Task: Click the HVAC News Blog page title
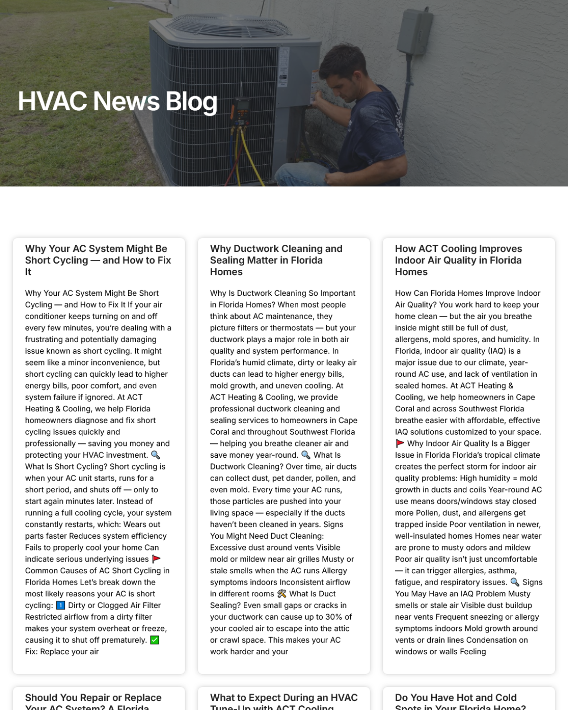[117, 101]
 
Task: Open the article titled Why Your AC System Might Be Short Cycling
[98, 260]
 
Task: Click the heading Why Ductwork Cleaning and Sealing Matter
[276, 260]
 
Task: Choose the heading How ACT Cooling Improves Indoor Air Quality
[458, 260]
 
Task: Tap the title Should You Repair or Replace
[93, 698]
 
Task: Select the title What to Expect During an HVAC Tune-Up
[284, 698]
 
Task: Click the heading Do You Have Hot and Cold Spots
[456, 698]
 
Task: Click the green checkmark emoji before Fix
[155, 640]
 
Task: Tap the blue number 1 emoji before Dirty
[61, 605]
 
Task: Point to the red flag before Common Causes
[156, 559]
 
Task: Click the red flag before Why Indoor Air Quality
[400, 444]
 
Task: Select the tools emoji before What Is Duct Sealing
[282, 594]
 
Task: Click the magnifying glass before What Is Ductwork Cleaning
[306, 455]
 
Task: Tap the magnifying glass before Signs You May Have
[515, 582]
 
